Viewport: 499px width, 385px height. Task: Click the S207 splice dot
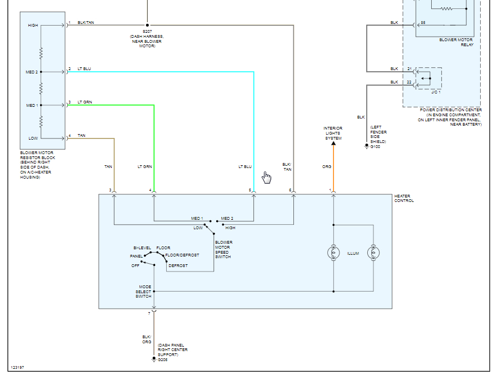pos(147,25)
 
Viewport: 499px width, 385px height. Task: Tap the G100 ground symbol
pos(366,146)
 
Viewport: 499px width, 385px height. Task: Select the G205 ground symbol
pos(154,359)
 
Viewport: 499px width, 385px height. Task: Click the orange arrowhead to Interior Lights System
pos(333,144)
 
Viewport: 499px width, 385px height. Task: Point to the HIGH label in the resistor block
pos(33,26)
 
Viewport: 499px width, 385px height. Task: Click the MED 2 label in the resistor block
pos(32,72)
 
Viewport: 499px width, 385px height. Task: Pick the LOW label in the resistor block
pos(33,138)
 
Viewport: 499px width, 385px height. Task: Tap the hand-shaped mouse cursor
pos(267,177)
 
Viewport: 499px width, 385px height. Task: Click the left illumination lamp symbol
pos(333,253)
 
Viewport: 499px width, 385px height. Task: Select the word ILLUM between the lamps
pos(353,253)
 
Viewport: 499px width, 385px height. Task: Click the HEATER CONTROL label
pos(404,199)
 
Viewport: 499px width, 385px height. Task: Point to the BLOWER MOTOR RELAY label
pos(456,42)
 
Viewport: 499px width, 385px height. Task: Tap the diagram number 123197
pos(17,368)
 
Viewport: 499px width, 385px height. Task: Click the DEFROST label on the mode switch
pos(178,266)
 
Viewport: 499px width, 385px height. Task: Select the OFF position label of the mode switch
pos(135,265)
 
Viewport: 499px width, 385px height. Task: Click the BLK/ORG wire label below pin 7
pos(146,339)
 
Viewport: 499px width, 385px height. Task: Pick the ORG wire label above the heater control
pos(327,166)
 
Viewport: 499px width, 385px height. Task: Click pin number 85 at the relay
pos(423,23)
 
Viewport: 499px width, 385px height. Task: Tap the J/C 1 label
pos(436,92)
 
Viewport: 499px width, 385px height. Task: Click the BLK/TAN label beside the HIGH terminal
pos(86,22)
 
